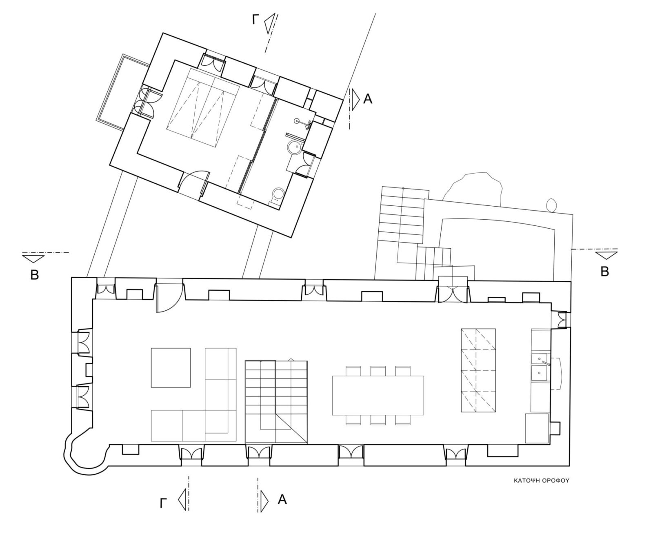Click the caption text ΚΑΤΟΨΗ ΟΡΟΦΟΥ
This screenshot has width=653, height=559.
pos(541,481)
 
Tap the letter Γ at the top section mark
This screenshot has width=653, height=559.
pos(255,20)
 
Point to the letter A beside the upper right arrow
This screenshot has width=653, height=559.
pos(368,99)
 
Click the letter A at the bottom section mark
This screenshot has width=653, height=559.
pos(282,499)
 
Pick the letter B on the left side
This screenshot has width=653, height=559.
pos(35,275)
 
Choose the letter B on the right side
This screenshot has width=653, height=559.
pos(604,272)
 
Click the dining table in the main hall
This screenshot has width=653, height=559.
pos(378,395)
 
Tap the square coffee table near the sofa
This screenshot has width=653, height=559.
pos(171,367)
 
